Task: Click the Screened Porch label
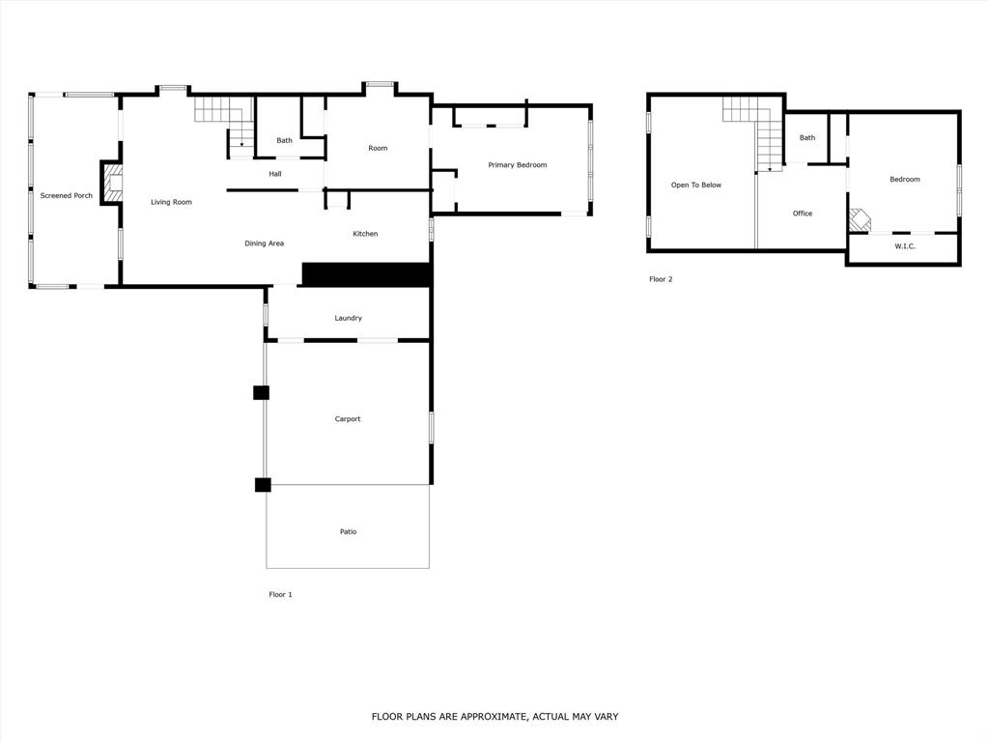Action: click(x=67, y=196)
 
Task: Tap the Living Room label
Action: click(x=171, y=203)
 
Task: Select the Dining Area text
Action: click(x=264, y=243)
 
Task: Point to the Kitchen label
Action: click(x=365, y=234)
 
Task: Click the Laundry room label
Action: click(x=348, y=318)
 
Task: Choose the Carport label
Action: click(x=348, y=419)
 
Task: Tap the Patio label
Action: click(x=348, y=532)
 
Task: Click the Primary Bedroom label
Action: click(x=517, y=165)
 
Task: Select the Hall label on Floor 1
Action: click(x=275, y=174)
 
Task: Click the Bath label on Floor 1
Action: click(x=284, y=141)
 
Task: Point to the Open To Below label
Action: click(x=696, y=185)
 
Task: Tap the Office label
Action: click(x=803, y=214)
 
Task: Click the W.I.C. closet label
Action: click(x=904, y=246)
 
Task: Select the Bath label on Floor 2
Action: click(x=807, y=138)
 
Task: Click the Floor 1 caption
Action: click(x=280, y=595)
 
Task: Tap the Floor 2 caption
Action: click(x=661, y=280)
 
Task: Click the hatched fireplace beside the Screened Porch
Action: click(x=113, y=183)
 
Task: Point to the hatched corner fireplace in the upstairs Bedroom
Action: click(x=859, y=220)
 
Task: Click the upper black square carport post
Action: click(x=261, y=392)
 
